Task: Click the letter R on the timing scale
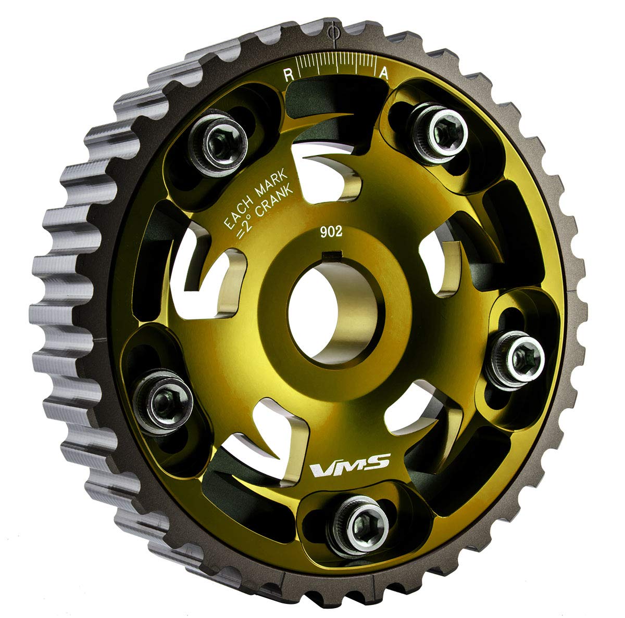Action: pos(287,74)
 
